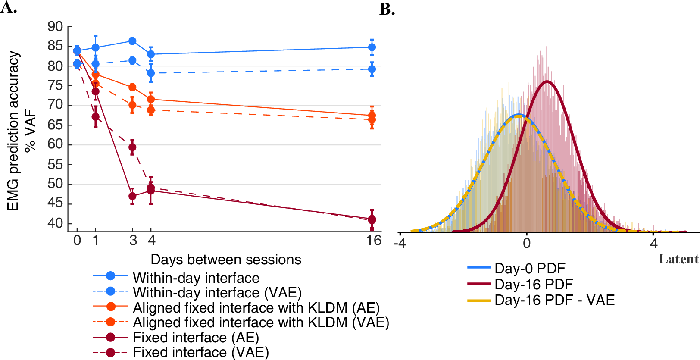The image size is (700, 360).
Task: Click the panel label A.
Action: pyautogui.click(x=9, y=7)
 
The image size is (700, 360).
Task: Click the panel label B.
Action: pyautogui.click(x=387, y=9)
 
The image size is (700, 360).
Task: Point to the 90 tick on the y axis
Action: pyautogui.click(x=55, y=27)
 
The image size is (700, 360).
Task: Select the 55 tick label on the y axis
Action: pyautogui.click(x=55, y=165)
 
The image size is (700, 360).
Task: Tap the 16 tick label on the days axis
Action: pyautogui.click(x=373, y=240)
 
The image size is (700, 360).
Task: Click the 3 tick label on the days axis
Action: pyautogui.click(x=133, y=241)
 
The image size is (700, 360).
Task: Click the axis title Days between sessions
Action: pyautogui.click(x=226, y=260)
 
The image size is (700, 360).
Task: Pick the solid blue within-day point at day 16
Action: pyautogui.click(x=372, y=47)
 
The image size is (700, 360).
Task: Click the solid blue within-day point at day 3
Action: pyautogui.click(x=132, y=41)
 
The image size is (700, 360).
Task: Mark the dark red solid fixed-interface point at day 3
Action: pyautogui.click(x=132, y=196)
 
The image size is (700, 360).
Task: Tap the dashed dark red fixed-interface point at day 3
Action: pyautogui.click(x=132, y=147)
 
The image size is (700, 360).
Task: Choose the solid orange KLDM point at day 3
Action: pyautogui.click(x=132, y=87)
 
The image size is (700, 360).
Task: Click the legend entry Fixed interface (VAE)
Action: pyautogui.click(x=181, y=353)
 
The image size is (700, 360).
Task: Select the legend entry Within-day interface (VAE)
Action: pyautogui.click(x=197, y=292)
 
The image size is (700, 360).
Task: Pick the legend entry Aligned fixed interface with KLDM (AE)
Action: pyautogui.click(x=236, y=307)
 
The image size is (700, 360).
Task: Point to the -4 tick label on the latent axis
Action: pyautogui.click(x=400, y=243)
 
